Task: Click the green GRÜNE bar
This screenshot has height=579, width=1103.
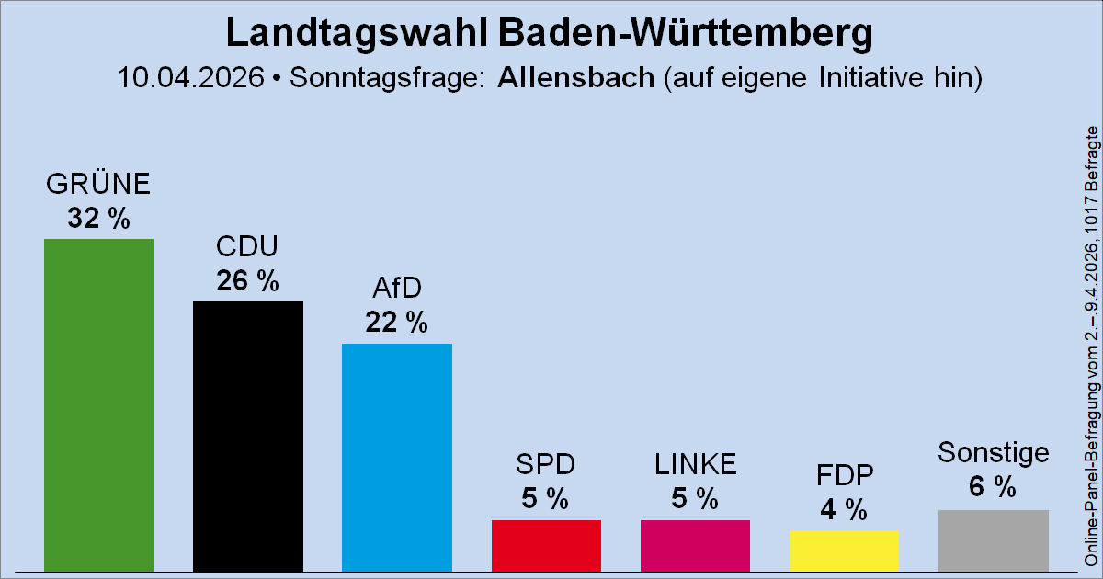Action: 98,404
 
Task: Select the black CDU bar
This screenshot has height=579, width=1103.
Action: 247,437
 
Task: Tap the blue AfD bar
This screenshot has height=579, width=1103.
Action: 396,457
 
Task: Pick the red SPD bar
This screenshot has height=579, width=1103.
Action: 546,545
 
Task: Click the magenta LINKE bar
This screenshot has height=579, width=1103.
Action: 695,545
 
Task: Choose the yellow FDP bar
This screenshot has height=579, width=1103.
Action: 844,551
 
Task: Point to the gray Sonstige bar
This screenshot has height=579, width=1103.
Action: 994,540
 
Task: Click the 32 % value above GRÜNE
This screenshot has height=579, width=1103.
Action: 98,219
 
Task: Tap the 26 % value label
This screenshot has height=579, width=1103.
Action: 247,281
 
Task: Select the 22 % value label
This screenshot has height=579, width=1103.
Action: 396,323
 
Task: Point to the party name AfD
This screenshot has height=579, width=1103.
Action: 396,289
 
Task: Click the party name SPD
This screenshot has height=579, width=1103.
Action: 546,465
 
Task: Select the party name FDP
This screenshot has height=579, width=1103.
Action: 844,475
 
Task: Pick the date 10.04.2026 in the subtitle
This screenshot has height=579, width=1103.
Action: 189,77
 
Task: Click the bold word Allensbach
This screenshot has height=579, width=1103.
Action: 575,77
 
